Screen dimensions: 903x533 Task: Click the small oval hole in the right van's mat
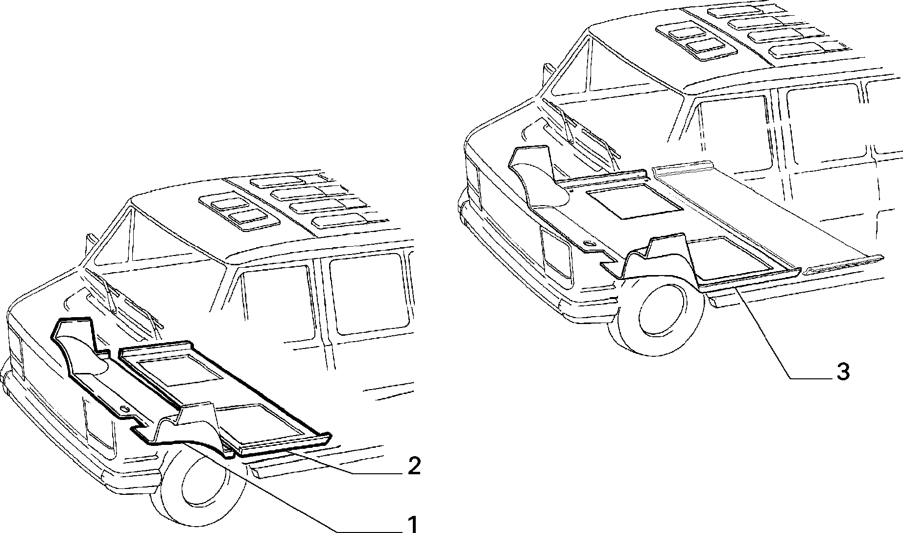pos(589,244)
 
